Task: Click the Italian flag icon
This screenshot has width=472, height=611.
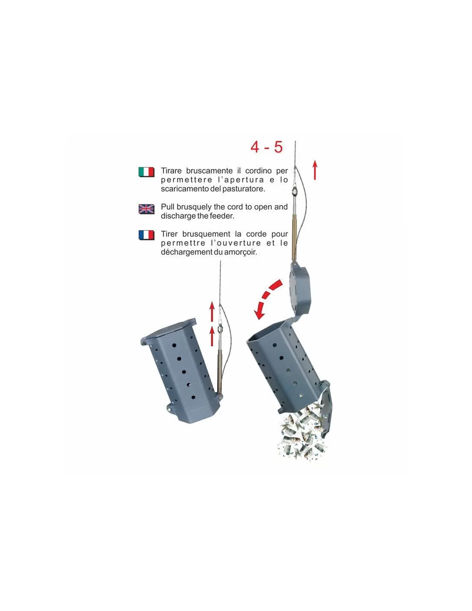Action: tap(146, 172)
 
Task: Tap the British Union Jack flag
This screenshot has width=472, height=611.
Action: tap(146, 209)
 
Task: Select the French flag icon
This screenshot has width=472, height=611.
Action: tap(146, 235)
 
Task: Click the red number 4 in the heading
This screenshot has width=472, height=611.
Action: tap(255, 147)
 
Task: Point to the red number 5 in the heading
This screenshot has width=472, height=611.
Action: tap(278, 147)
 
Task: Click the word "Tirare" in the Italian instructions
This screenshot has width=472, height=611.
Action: tap(172, 171)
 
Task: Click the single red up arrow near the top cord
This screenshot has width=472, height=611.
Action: tap(315, 170)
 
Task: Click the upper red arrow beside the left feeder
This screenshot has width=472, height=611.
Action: tap(212, 312)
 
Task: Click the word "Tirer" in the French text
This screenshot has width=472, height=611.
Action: tap(168, 234)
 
